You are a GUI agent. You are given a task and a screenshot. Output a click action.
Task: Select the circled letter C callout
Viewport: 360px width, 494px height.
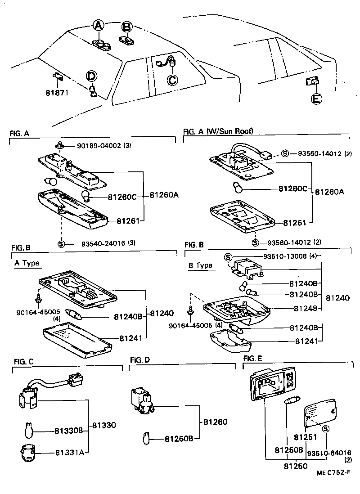[172, 80]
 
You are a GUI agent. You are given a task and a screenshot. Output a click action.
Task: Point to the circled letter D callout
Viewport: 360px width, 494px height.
[91, 76]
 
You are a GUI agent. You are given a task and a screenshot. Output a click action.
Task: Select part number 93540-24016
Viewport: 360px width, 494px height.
[104, 243]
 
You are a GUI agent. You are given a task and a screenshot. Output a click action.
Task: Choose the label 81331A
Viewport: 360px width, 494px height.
[69, 452]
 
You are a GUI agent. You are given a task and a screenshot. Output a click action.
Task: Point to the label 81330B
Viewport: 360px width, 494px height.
[69, 431]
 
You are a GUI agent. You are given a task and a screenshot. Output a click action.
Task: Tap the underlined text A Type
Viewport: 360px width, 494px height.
[27, 263]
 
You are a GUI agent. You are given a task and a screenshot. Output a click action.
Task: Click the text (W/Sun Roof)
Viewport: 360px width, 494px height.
[230, 131]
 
